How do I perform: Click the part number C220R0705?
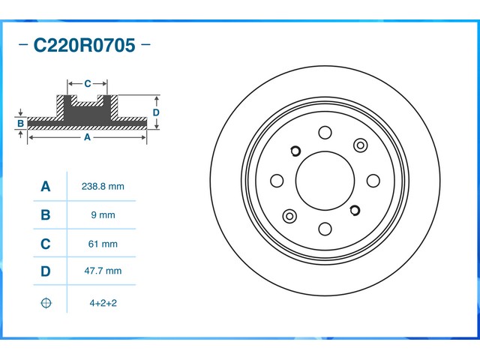click(x=84, y=45)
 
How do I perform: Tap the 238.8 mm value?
click(x=103, y=187)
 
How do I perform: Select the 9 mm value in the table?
click(x=103, y=215)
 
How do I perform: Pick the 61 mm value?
click(x=103, y=244)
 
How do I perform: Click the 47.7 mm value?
click(x=103, y=271)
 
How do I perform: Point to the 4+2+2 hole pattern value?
click(x=103, y=303)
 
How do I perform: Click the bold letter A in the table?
click(x=46, y=186)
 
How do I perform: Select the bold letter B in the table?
click(x=46, y=215)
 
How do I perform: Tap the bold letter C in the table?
click(x=46, y=244)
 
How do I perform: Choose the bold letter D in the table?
click(x=46, y=271)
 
